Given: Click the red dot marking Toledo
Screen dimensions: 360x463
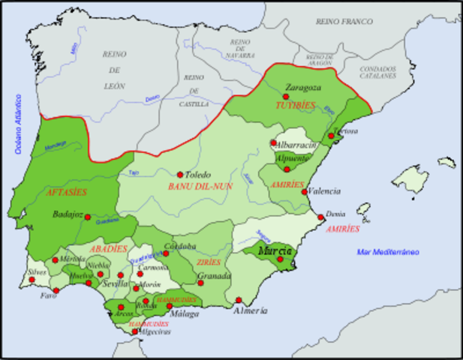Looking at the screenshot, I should coord(180,174).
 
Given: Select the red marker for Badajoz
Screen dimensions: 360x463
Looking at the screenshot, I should coord(88,217).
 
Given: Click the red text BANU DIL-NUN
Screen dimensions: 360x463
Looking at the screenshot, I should coord(198,186).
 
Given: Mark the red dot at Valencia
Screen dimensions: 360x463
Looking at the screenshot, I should coord(304,191).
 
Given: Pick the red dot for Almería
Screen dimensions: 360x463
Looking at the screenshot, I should coord(238,299).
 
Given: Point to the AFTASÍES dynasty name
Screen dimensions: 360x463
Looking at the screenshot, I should coord(67,192).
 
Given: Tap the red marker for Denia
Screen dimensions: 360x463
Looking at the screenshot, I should coord(321,217).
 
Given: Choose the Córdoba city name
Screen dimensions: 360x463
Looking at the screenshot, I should coord(181,246).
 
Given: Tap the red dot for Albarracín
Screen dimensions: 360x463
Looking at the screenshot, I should coord(273,142).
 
